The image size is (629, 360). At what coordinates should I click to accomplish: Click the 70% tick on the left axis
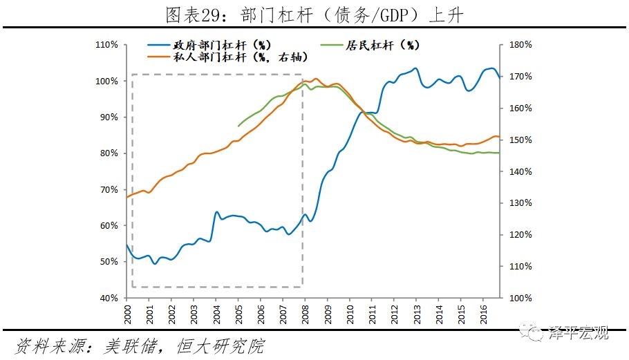(109, 189)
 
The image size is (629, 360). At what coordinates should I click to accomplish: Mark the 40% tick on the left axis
(109, 298)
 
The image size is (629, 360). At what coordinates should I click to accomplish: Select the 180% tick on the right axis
(519, 45)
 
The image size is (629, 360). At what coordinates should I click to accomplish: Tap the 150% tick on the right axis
(519, 140)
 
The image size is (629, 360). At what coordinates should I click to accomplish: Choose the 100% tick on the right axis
(519, 298)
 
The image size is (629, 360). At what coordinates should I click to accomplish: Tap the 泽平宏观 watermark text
(579, 334)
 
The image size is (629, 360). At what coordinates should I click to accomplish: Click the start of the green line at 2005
(238, 126)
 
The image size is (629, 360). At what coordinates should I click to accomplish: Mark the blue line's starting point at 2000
(127, 245)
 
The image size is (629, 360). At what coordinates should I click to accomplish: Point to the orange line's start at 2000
(127, 198)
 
